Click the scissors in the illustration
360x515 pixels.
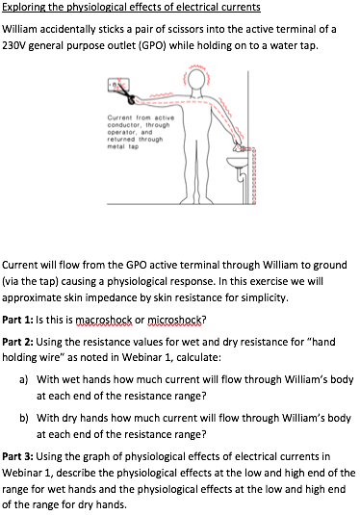point(125,92)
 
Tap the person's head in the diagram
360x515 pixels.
point(197,80)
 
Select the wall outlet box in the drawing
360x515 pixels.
point(118,85)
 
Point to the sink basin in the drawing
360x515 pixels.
point(237,163)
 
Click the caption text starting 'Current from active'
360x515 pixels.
point(141,132)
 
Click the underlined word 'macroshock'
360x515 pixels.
point(104,320)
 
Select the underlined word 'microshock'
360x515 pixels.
point(175,320)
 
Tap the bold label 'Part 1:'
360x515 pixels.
point(17,320)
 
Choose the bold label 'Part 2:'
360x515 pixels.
point(17,342)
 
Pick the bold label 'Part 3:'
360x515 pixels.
point(17,456)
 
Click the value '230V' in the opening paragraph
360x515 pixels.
point(13,45)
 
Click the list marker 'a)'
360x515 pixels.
point(23,380)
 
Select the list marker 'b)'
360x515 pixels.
point(23,418)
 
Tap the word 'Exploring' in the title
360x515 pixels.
point(24,8)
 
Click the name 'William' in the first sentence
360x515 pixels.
point(19,29)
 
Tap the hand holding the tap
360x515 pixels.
point(238,146)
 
